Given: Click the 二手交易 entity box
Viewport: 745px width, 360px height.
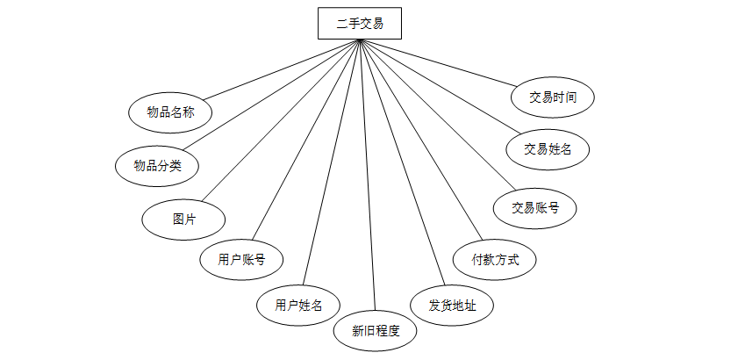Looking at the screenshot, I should tap(359, 24).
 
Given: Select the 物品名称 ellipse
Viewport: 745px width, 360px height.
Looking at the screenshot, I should tap(170, 112).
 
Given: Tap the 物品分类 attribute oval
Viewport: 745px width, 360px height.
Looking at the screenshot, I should tap(157, 165).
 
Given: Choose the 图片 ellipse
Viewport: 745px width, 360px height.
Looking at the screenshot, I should tap(184, 219).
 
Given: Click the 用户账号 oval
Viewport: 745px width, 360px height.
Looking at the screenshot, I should tap(241, 259).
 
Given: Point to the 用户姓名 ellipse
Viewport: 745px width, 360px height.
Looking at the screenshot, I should tap(298, 305).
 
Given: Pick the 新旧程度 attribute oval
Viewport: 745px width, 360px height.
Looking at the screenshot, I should tap(376, 331).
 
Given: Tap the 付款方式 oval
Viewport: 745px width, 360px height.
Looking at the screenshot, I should tap(495, 259).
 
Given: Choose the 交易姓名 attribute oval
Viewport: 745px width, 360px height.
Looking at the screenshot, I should tap(548, 148).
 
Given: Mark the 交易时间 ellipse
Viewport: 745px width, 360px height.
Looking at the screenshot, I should tap(553, 97).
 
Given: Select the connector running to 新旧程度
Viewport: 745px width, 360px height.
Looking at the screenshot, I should tap(369, 176).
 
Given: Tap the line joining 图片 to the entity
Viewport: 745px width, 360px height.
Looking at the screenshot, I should tap(281, 119).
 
